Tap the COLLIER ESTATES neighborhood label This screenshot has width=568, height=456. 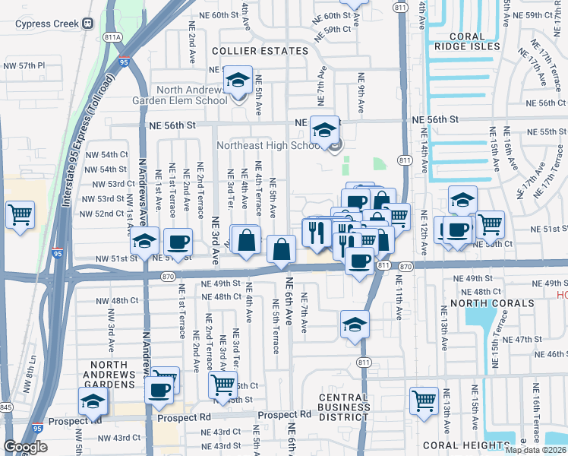260,51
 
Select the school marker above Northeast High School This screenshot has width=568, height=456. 325,130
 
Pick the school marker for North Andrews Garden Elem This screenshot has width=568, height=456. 238,80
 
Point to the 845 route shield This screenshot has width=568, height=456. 5,408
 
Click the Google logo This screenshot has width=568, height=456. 25,446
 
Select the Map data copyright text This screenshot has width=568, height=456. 536,450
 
